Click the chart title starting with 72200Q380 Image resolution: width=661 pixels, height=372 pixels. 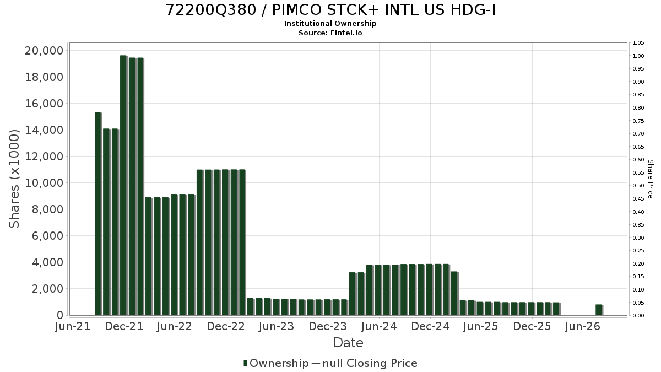pos(330,10)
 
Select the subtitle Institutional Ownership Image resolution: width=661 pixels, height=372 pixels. pos(330,24)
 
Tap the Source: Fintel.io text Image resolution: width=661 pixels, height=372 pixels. pos(330,33)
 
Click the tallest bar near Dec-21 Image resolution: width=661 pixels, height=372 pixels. pos(123,185)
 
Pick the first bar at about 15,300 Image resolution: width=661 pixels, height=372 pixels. pos(98,214)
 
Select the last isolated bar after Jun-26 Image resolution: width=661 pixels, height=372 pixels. pos(599,310)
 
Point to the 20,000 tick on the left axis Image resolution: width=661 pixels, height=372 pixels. pos(44,51)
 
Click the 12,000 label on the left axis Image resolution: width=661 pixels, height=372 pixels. pos(44,157)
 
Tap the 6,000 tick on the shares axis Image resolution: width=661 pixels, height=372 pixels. pos(47,236)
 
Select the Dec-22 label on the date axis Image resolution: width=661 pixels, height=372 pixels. pos(226,326)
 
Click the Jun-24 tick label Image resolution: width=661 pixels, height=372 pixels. pos(379,326)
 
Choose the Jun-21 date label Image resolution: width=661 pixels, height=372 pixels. pos(73,326)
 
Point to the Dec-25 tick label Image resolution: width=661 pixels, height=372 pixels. pos(532,326)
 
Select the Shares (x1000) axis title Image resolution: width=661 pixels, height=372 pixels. pos(14,179)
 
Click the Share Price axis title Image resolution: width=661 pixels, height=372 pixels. pos(650,179)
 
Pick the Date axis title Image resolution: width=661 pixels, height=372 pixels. pos(348,343)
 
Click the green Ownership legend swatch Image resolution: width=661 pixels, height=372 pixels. pos(245,363)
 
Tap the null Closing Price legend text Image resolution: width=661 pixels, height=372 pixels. pos(370,363)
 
